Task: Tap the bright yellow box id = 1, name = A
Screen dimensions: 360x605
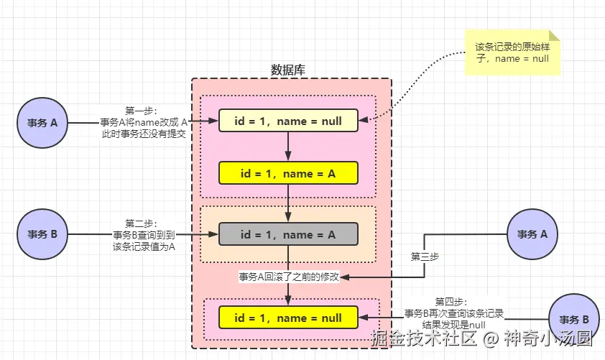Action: coord(287,173)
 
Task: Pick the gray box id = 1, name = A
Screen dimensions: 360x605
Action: coord(287,234)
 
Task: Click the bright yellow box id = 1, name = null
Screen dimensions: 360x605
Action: coord(287,317)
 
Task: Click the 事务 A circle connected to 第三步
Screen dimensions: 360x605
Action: coord(532,234)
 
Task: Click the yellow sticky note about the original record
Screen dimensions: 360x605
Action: coord(512,52)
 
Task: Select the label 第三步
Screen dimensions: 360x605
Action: coord(425,256)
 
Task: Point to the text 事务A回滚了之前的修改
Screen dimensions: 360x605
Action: coord(289,277)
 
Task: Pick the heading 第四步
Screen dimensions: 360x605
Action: coord(451,302)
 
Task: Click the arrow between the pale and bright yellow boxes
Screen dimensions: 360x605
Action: coord(287,147)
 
